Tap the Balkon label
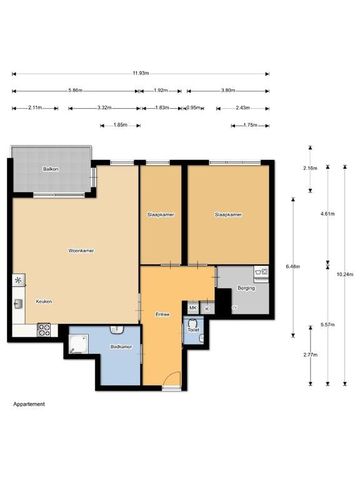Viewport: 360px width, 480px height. [50, 170]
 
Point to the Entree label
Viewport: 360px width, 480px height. [162, 314]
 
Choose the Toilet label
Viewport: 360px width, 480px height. [193, 329]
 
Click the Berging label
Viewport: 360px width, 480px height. [246, 288]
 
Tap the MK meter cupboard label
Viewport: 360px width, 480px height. [192, 307]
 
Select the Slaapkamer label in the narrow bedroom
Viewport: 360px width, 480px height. [159, 214]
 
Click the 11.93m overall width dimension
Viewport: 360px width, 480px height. [141, 73]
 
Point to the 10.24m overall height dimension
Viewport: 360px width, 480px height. [343, 274]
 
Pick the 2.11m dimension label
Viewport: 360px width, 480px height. [35, 107]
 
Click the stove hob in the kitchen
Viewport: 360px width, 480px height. [43, 329]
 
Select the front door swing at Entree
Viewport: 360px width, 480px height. [172, 380]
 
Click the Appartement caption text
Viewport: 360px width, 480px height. [30, 404]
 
